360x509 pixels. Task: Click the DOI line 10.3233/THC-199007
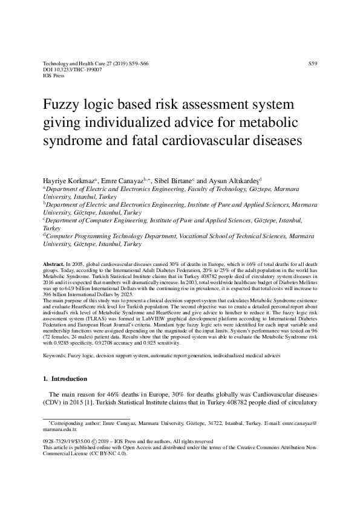click(x=73, y=70)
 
